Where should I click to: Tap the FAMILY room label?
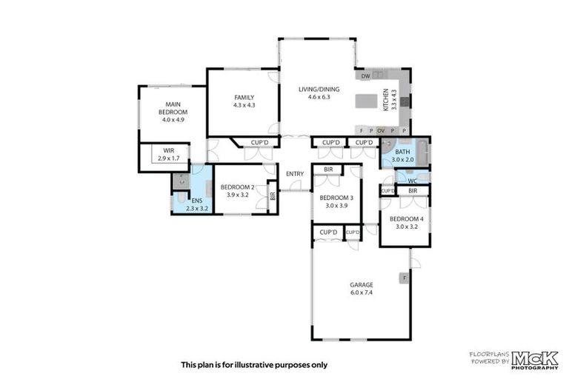tap(244, 101)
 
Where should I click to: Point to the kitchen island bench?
tap(368, 101)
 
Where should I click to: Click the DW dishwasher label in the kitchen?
tap(365, 76)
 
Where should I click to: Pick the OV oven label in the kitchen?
tap(381, 130)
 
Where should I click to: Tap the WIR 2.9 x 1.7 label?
tap(168, 154)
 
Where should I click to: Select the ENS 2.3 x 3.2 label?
tap(197, 204)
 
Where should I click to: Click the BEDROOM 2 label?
tap(237, 190)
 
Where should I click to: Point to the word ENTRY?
tap(295, 174)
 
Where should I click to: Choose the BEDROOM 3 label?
tap(336, 201)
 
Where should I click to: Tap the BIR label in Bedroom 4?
tap(413, 191)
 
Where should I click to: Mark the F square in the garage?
tap(404, 278)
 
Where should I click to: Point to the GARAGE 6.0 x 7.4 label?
tap(361, 288)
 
